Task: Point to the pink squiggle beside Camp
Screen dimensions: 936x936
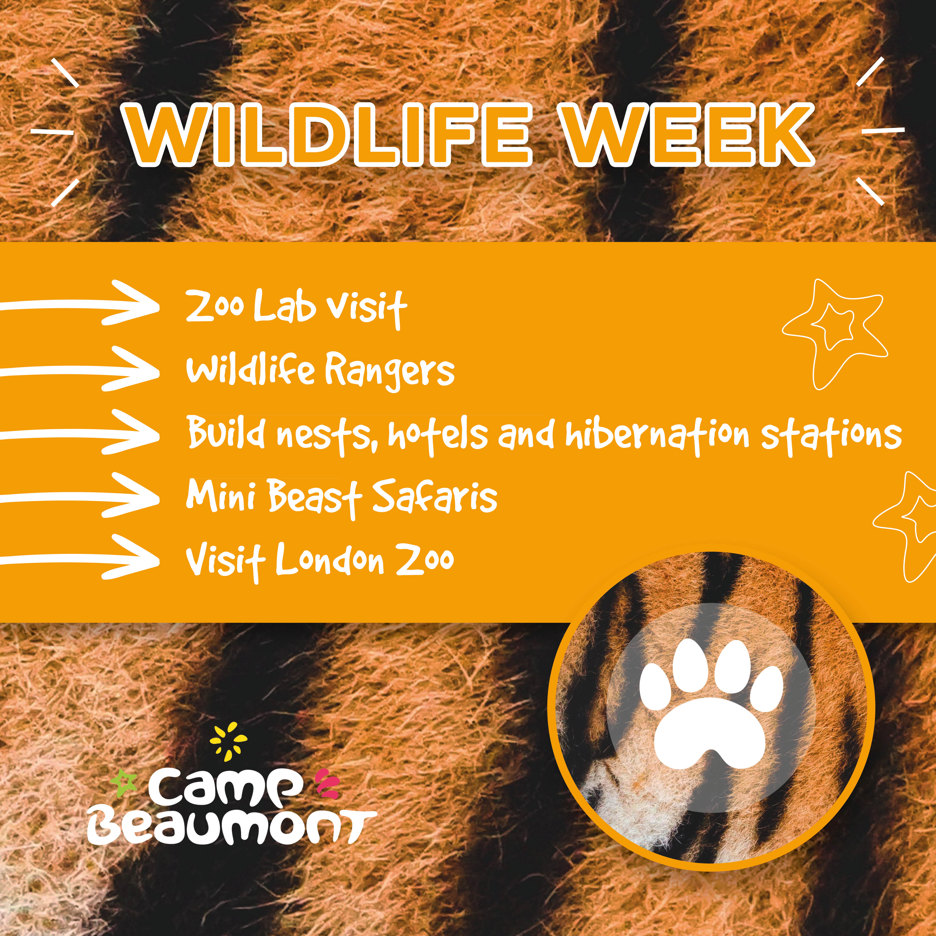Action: [327, 782]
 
